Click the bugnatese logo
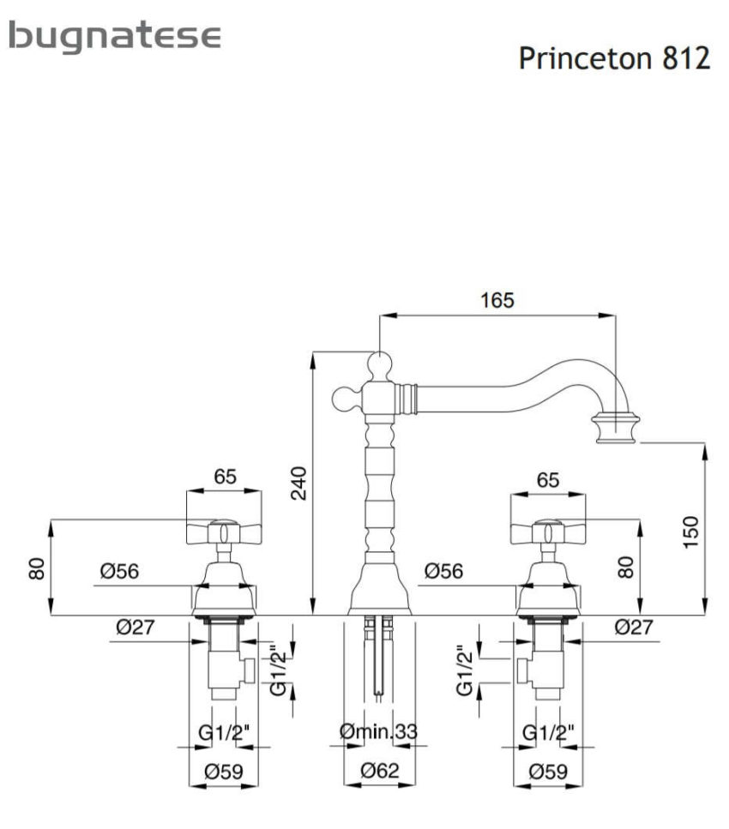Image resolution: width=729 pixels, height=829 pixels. click(x=115, y=37)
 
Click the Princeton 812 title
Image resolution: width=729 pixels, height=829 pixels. click(x=614, y=57)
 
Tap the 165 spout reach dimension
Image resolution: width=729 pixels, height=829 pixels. click(x=497, y=300)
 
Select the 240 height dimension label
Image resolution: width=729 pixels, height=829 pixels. click(x=299, y=484)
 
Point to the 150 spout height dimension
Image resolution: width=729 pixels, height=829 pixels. click(x=690, y=532)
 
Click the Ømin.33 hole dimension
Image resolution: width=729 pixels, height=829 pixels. click(x=378, y=732)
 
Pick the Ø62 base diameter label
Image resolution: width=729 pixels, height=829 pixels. click(x=379, y=771)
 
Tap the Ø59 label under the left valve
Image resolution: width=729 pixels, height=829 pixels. click(x=224, y=772)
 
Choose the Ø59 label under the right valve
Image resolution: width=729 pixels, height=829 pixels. click(x=548, y=772)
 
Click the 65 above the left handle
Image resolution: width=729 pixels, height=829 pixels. click(x=225, y=477)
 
